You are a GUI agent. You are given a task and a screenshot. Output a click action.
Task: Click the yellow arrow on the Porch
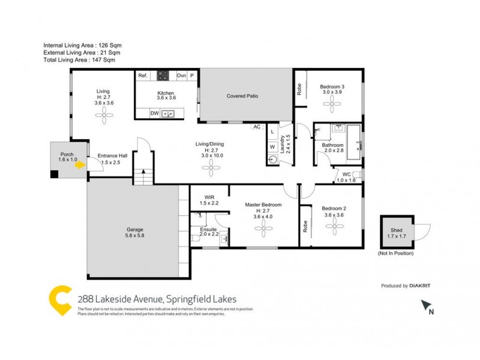coord(79,167)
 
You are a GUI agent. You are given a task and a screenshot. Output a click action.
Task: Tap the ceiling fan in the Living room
coord(103,115)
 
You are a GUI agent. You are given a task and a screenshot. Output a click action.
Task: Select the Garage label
coord(134,229)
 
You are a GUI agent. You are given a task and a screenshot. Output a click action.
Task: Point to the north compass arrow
coord(427,306)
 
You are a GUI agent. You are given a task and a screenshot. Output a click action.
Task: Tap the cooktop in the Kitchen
coord(163,76)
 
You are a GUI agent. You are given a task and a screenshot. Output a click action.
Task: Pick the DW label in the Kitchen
coord(154,113)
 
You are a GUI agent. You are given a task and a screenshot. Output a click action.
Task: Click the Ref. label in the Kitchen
coord(143,76)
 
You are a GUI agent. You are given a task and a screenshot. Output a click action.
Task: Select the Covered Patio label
coord(242,96)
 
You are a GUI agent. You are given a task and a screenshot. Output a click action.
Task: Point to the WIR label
coord(209,197)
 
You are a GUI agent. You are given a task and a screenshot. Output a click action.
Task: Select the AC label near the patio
coord(257,127)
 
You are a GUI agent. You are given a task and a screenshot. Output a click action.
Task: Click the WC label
coord(346,174)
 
